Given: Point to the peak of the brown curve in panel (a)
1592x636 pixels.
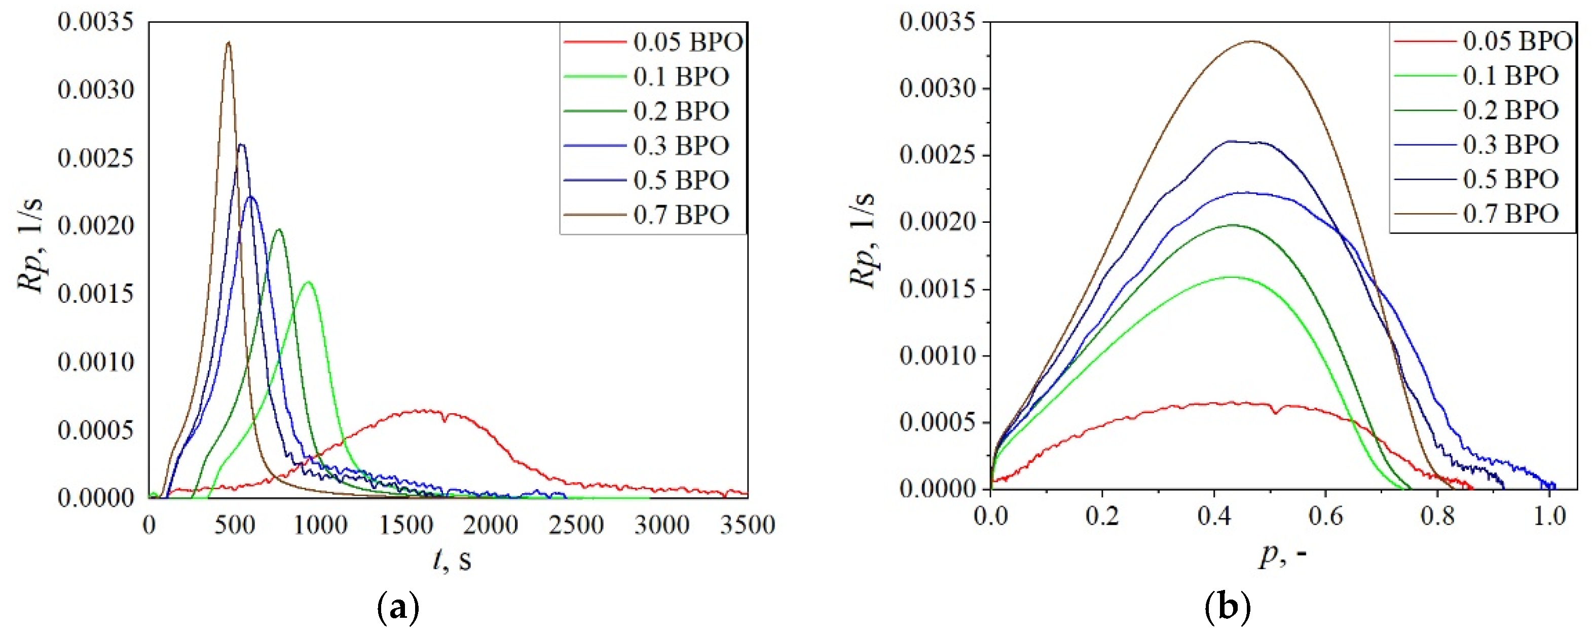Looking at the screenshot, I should click(x=229, y=43).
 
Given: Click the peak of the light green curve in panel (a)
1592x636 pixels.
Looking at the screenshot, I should click(x=308, y=283).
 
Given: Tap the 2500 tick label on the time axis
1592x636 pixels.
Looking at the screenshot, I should click(x=576, y=526).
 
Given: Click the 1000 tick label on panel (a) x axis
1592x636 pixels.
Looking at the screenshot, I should click(x=319, y=526).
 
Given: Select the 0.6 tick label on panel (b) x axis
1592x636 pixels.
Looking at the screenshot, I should click(x=1325, y=515).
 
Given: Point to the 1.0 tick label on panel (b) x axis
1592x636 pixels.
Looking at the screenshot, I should click(x=1549, y=515).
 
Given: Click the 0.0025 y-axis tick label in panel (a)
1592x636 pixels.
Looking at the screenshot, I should click(x=96, y=158).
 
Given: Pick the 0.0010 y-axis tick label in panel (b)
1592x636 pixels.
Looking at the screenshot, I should click(x=937, y=355).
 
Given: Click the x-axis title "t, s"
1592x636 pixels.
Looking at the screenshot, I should click(x=451, y=560).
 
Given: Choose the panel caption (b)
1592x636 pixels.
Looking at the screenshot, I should click(x=1228, y=608).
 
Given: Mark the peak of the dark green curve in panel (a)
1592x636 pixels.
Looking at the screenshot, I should click(x=279, y=230).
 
